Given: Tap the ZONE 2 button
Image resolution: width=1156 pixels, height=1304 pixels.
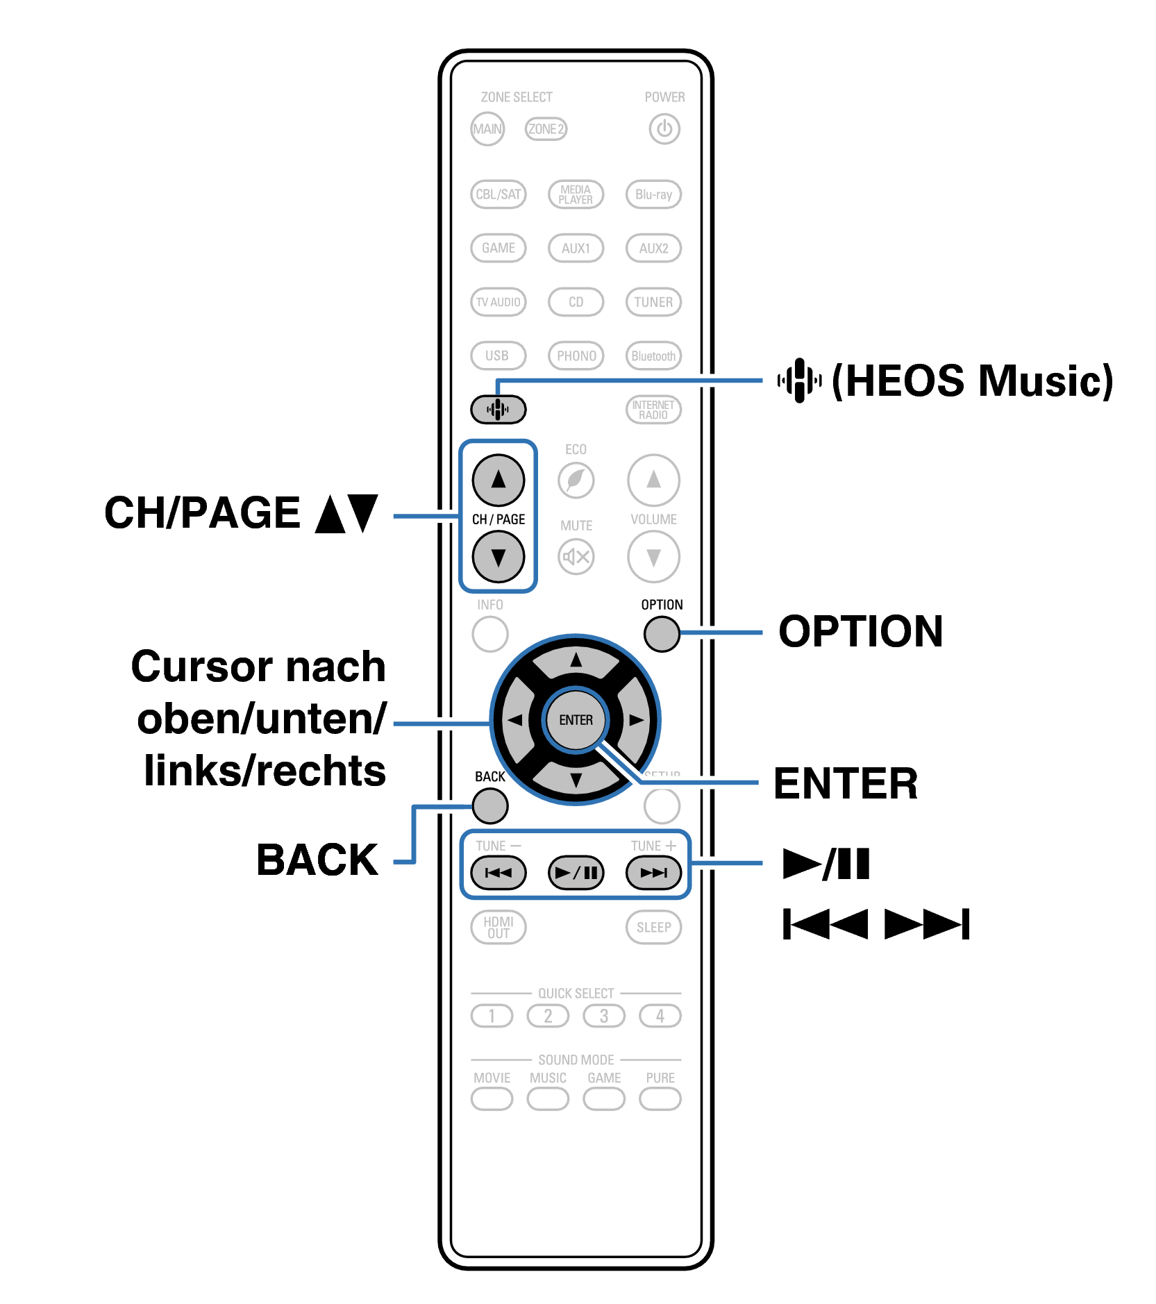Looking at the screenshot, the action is [x=546, y=128].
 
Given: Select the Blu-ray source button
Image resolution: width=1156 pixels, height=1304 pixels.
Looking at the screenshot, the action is [x=653, y=194].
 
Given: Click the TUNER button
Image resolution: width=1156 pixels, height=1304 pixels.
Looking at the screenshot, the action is [x=653, y=302].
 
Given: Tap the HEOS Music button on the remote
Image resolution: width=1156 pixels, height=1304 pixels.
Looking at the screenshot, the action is [x=498, y=409].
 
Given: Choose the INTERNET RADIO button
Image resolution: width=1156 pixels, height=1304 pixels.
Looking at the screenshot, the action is [x=653, y=410].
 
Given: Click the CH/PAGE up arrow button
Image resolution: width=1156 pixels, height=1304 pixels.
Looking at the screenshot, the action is [x=499, y=480].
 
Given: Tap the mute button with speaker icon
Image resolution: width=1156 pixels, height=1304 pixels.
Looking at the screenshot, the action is [x=576, y=556].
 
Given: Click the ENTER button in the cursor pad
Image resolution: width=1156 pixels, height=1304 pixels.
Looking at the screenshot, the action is [x=576, y=720].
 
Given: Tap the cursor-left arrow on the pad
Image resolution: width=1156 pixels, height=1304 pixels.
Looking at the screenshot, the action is [x=515, y=720].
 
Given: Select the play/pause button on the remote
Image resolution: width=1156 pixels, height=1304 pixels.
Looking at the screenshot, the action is [x=576, y=873].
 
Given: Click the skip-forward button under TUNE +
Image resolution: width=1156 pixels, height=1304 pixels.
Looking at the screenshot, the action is [x=653, y=873].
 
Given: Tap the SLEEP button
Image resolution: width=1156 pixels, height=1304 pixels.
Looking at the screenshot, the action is [x=653, y=927].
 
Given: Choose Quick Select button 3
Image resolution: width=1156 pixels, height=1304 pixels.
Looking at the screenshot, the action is [x=604, y=1016].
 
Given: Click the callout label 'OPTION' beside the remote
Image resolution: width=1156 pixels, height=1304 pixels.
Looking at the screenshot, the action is [x=860, y=631].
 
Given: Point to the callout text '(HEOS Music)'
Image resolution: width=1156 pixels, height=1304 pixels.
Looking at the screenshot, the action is [x=972, y=381].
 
